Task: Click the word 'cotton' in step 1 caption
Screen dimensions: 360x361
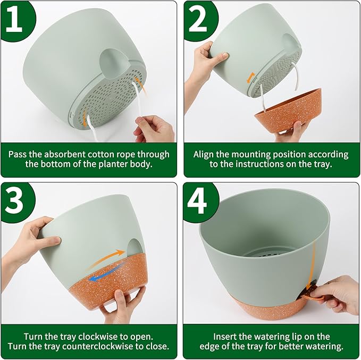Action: (x=107, y=154)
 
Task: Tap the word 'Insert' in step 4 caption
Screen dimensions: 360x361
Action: (x=226, y=337)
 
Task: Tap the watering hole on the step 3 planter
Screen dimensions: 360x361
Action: (x=133, y=249)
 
